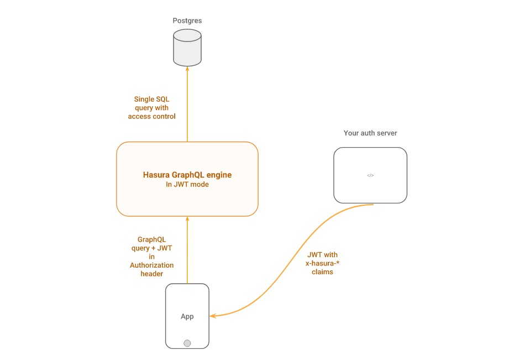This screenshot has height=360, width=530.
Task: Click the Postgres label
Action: click(x=187, y=20)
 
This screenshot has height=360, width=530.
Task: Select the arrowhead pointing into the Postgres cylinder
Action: click(x=187, y=69)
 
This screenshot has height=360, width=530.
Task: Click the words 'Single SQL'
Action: click(x=151, y=100)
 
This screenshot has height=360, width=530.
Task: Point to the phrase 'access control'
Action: click(x=151, y=116)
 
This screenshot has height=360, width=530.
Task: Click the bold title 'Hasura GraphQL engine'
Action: click(x=187, y=175)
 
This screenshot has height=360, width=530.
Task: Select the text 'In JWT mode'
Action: click(x=187, y=185)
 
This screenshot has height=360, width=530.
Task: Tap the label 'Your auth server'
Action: click(x=370, y=133)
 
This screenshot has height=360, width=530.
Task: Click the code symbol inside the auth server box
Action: click(x=370, y=175)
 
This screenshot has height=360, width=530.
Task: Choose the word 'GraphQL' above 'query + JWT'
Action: click(x=151, y=239)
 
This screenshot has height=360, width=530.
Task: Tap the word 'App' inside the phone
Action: click(x=187, y=317)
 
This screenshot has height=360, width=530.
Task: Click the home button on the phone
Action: click(x=187, y=343)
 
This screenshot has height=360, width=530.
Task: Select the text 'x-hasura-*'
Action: click(x=322, y=264)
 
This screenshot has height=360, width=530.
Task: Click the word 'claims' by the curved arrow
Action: click(x=322, y=272)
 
